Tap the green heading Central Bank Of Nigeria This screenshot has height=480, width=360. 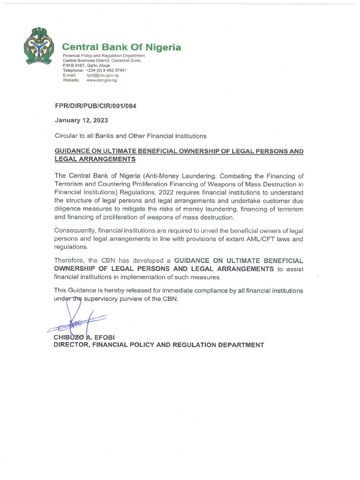(x=122, y=47)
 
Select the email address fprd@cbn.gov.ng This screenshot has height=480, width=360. (x=102, y=75)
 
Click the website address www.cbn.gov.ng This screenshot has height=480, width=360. (x=102, y=80)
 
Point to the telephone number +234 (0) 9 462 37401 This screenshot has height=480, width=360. (x=106, y=70)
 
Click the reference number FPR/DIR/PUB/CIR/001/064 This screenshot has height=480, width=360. (x=96, y=106)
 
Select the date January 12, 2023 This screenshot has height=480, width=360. (x=82, y=120)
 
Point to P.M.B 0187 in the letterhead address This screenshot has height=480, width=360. (x=75, y=66)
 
